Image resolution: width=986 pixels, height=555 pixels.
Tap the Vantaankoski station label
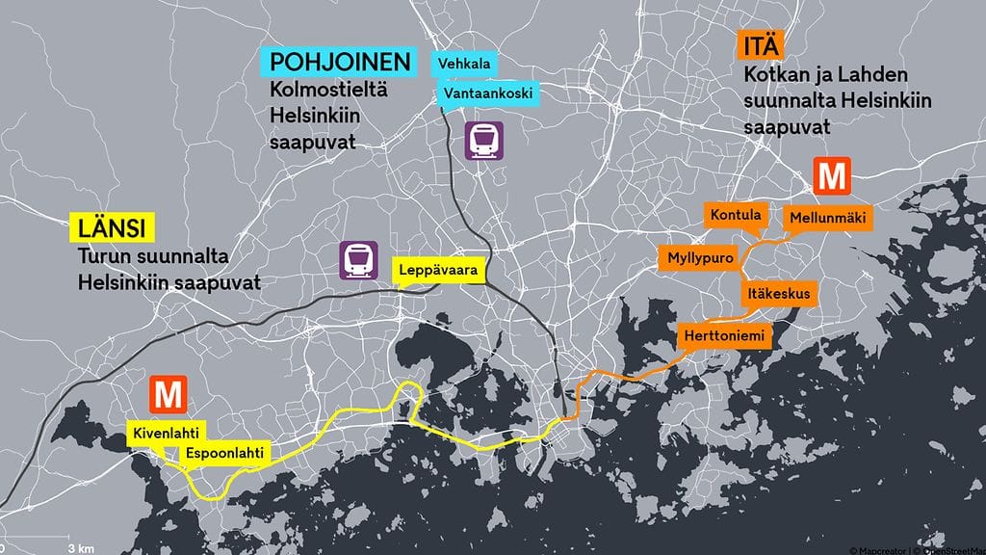pos(485,94)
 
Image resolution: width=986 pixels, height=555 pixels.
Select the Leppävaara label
pos(438,272)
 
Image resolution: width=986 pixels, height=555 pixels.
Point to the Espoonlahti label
pos(224,453)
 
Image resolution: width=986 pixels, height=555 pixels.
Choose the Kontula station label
pos(736,215)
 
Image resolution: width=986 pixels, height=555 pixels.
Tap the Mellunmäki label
pos(827,219)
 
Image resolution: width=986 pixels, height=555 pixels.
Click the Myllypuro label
pos(701,259)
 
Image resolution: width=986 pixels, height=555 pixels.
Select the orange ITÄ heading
pos(764,45)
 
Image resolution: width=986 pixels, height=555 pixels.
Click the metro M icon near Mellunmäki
pos(830,176)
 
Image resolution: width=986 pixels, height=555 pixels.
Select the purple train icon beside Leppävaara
pos(358,259)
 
